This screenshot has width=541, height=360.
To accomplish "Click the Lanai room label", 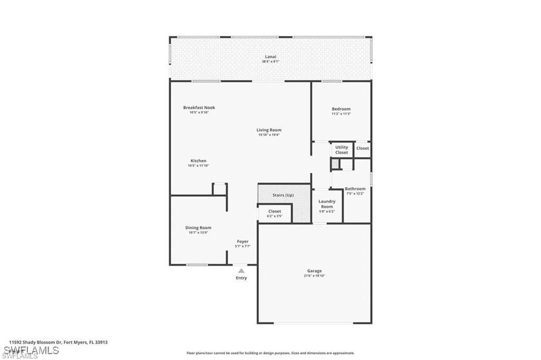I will [x=270, y=56].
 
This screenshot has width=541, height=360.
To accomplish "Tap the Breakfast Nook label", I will [x=199, y=108].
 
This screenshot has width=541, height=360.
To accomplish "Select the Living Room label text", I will [x=269, y=130].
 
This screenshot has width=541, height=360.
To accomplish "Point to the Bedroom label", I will [x=341, y=109].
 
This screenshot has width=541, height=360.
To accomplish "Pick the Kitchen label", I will [x=198, y=161].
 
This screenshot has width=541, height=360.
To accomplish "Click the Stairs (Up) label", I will [x=283, y=195].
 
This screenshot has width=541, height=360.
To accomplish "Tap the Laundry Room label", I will [x=327, y=203].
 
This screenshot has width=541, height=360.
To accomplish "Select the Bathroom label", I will [x=355, y=188].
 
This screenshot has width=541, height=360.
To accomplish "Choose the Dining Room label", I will [x=198, y=228].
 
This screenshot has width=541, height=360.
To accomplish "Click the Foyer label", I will [x=242, y=241].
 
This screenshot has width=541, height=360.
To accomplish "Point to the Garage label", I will [x=314, y=271].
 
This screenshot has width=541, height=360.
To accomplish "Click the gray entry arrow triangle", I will [x=241, y=270].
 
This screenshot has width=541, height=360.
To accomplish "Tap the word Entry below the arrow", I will [x=241, y=278].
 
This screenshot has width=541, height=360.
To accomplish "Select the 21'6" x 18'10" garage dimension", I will [x=314, y=276].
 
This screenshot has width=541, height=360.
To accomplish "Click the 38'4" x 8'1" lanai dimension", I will [x=270, y=61].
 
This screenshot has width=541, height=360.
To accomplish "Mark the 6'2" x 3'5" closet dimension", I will [x=274, y=216].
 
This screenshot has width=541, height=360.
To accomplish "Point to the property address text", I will [x=58, y=342].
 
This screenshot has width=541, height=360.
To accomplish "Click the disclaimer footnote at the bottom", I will [x=270, y=353].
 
